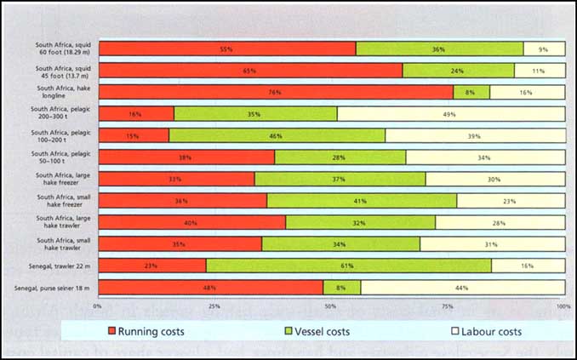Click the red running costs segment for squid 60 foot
227,49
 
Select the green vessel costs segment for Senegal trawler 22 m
348,266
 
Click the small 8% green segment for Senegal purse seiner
341,288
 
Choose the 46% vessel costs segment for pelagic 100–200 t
277,135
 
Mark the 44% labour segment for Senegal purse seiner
462,288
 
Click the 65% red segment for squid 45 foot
250,71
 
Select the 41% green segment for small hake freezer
362,201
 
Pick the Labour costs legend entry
486,331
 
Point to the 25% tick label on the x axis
214,305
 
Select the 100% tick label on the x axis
563,305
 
